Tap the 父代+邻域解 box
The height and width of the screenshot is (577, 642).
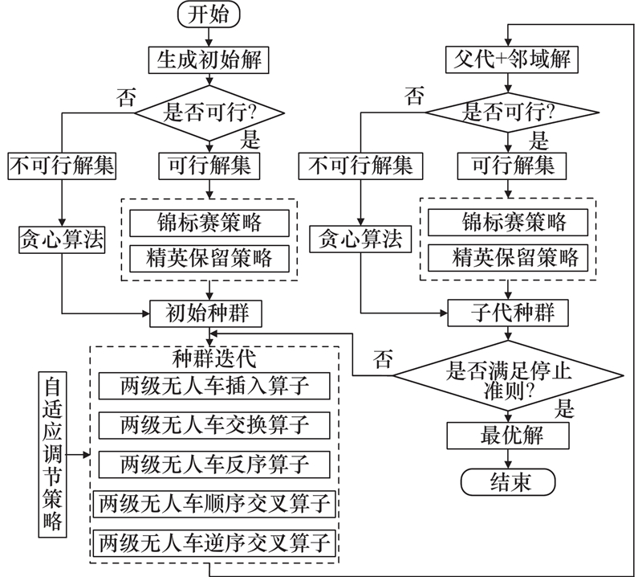(x=507, y=59)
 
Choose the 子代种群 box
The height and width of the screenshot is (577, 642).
(x=507, y=312)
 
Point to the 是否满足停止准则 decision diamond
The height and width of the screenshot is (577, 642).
(x=507, y=373)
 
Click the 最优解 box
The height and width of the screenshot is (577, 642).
(x=507, y=436)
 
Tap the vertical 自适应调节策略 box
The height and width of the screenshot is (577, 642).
(x=53, y=455)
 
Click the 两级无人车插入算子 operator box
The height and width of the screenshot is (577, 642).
(x=214, y=385)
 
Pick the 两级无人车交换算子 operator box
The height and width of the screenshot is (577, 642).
(x=214, y=424)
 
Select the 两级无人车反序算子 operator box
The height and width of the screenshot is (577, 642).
(x=214, y=464)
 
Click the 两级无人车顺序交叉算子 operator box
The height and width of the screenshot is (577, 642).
(x=214, y=505)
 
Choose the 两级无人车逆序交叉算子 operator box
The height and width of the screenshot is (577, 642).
(x=214, y=544)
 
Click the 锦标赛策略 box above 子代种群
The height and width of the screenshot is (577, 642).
(x=507, y=221)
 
